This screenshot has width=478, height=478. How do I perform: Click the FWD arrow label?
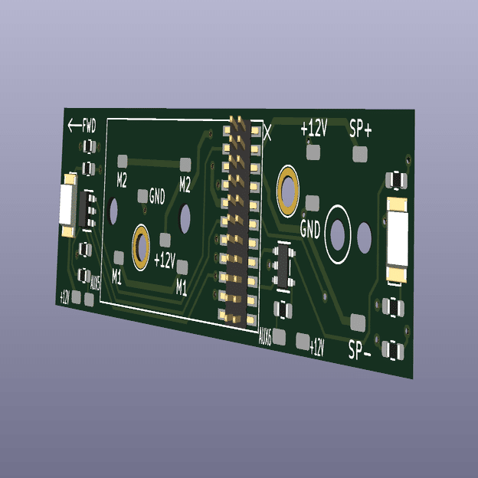[x=82, y=126]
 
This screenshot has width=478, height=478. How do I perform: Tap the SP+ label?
[x=360, y=129]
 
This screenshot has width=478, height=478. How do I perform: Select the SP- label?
[x=359, y=350]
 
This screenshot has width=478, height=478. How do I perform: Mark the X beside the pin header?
[x=267, y=133]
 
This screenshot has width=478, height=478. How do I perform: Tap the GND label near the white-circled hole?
[x=310, y=228]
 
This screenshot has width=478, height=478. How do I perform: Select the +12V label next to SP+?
[x=314, y=128]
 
